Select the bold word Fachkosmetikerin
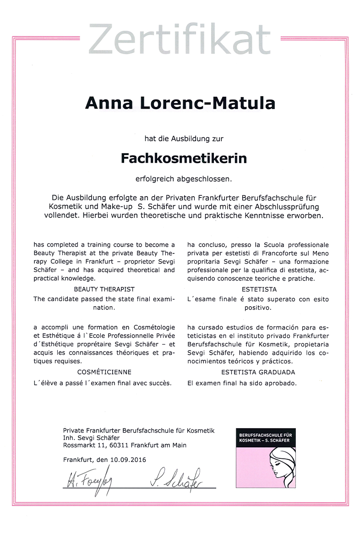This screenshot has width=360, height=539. click(184, 158)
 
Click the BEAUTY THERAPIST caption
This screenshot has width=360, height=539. click(104, 290)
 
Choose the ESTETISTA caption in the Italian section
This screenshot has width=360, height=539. click(258, 290)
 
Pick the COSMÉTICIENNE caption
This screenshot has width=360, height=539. click(104, 372)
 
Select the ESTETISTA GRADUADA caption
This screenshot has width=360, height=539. click(258, 372)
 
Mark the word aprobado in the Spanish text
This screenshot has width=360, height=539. click(281, 383)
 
